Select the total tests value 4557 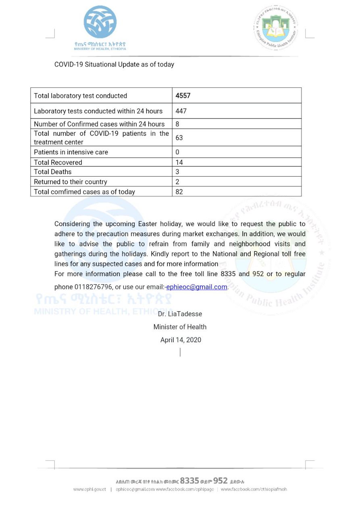(183, 96)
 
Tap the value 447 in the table (181, 111)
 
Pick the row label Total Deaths (53, 172)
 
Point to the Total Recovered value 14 (179, 162)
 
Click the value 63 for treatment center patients (179, 137)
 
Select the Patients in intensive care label (71, 152)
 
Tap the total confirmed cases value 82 (179, 192)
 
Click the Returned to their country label (71, 182)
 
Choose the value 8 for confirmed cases (178, 124)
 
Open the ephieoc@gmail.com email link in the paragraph (197, 287)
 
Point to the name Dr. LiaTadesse (180, 314)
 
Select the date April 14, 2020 (181, 340)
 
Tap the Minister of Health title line (180, 327)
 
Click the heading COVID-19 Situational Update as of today (114, 64)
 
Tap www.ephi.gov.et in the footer (89, 489)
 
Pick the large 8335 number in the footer (189, 481)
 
